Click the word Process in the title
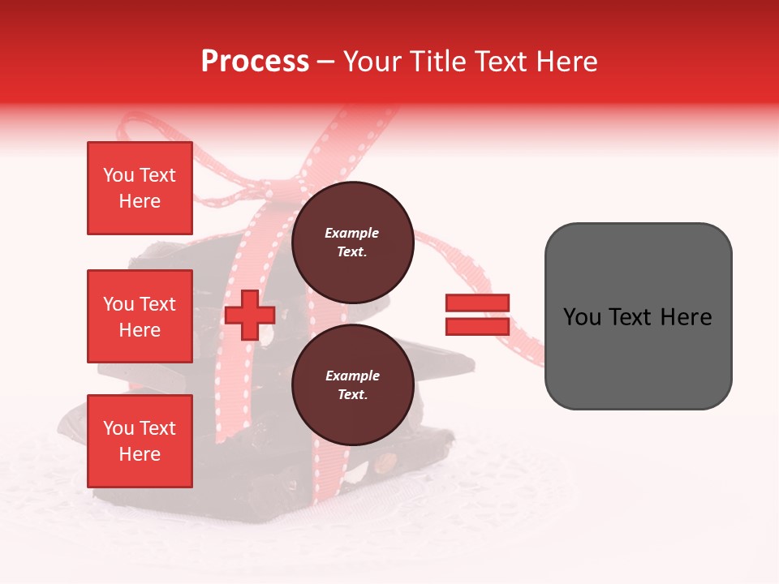point(255,62)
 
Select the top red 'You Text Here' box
point(140,188)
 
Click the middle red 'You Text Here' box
point(140,316)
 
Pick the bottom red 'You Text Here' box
point(140,441)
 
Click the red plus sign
point(249,316)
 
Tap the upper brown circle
point(352,243)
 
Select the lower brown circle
point(352,385)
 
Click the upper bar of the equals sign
point(477,303)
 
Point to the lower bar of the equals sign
point(477,327)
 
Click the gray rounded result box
point(638,316)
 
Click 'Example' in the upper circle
point(351,234)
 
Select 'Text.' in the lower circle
point(352,395)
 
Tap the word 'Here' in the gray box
point(686,317)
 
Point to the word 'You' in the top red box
point(118,175)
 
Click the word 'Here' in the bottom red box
point(140,454)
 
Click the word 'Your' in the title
point(371,62)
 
